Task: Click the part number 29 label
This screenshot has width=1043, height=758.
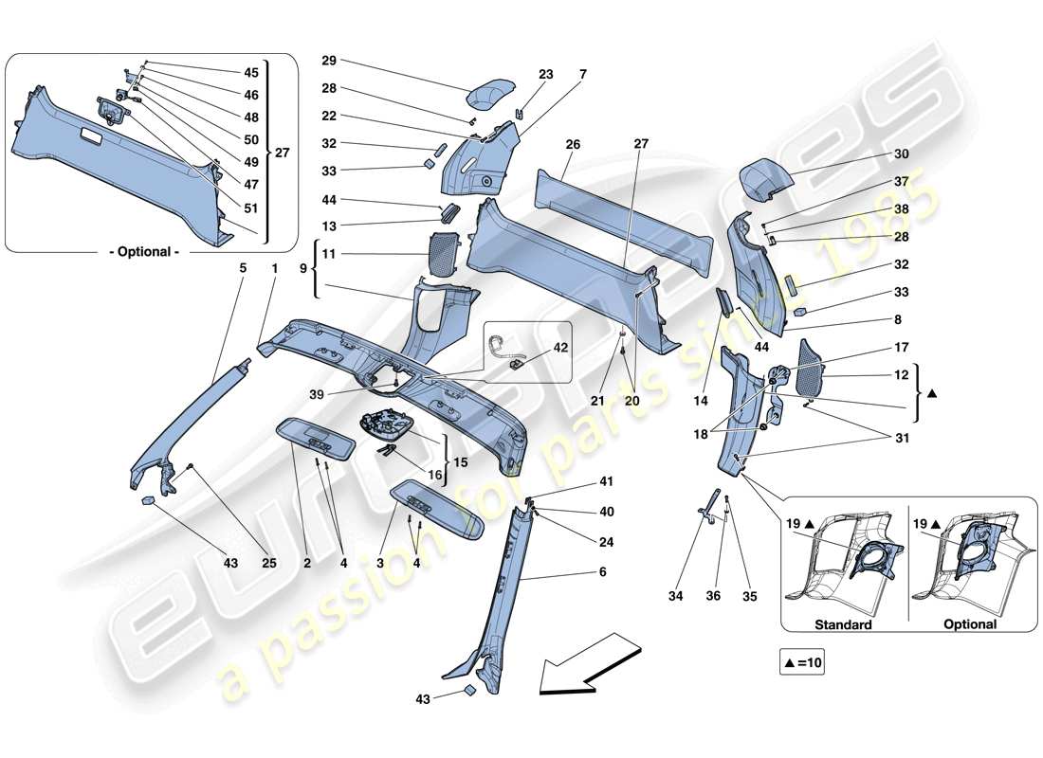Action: click(329, 61)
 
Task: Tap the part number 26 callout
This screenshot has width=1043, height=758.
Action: click(572, 145)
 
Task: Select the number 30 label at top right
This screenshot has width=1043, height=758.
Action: click(901, 153)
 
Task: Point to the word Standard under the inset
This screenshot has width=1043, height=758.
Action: click(842, 624)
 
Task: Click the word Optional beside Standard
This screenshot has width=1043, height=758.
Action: click(970, 624)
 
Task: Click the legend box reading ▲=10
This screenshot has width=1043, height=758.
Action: click(802, 664)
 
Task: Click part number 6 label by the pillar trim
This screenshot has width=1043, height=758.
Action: click(602, 572)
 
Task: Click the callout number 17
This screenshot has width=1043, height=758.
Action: click(901, 347)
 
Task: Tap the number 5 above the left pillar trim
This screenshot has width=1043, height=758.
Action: click(242, 268)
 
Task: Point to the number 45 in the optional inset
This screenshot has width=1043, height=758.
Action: click(251, 72)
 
